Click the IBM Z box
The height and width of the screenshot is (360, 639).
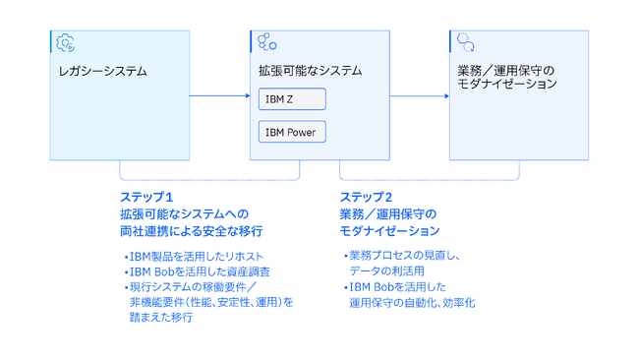point(291,99)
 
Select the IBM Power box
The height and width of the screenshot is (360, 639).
point(291,131)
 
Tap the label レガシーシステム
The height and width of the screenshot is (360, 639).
point(103,71)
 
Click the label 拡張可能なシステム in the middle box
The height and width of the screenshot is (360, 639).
point(310,71)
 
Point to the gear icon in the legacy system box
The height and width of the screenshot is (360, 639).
point(66,41)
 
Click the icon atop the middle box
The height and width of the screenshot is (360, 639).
point(266,41)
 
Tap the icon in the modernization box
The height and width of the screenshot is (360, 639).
point(466,41)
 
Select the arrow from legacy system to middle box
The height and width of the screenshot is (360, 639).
point(219,95)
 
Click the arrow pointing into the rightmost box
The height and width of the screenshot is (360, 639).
point(419,95)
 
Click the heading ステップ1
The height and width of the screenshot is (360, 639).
point(145,197)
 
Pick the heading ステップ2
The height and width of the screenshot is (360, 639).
point(366,197)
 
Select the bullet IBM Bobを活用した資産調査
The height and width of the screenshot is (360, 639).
point(198,271)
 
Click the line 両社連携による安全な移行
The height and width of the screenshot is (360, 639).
point(191,230)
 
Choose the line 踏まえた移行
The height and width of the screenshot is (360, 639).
point(161,318)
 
